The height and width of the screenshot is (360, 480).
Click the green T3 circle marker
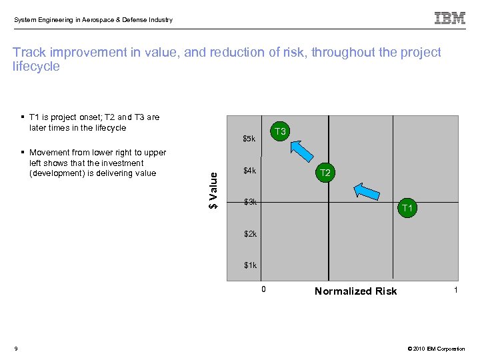coord(280,132)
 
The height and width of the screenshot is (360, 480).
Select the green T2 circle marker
coord(325,173)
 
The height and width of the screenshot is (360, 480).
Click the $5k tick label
coord(249,139)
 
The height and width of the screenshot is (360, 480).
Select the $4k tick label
coord(250,171)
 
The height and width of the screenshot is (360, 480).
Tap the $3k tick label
coord(250,201)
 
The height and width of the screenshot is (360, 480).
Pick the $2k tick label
coord(250,234)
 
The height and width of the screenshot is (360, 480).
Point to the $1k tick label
coord(250,265)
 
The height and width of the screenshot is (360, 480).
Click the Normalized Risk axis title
coord(355,291)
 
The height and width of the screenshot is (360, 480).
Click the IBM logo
coord(450,19)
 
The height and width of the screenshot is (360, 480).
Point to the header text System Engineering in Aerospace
coord(93,20)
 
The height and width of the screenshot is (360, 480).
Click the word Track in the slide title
coord(29,53)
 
